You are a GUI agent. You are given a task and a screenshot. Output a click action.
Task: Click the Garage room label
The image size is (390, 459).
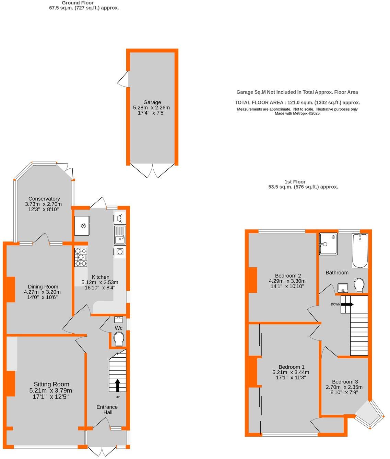tap(152, 102)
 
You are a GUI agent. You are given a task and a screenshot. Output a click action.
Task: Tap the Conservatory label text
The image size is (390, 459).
tap(44, 199)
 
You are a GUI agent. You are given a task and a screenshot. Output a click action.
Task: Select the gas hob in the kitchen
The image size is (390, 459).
tap(81, 257)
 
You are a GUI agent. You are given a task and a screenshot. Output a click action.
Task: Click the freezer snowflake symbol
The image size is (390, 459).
tap(83, 226)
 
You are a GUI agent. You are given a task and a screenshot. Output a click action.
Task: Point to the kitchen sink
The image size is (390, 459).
tap(120, 235)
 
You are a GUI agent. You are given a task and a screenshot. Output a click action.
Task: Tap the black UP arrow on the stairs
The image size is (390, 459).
tap(117, 385)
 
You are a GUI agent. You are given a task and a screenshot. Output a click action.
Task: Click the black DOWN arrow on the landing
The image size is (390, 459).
tap(347, 304)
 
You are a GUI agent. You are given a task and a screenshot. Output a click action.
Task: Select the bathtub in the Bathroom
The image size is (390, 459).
tap(359, 251)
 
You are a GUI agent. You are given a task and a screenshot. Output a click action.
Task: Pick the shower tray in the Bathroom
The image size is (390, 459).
tap(328, 244)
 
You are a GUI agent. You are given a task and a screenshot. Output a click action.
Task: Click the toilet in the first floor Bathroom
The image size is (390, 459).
tap(359, 285)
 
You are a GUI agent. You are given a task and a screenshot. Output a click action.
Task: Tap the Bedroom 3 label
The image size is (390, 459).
tap(345, 382)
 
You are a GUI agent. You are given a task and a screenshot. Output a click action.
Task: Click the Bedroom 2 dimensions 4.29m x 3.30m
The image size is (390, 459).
tap(287, 281)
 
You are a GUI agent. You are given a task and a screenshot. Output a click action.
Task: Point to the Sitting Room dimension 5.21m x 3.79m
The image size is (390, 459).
tap(51, 391)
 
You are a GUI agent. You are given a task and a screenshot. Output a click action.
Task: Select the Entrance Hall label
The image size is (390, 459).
tap(107, 410)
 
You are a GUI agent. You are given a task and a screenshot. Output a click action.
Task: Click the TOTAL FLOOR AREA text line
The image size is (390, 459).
tap(297, 102)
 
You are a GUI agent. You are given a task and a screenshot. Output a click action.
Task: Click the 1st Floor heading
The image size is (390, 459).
tap(295, 182)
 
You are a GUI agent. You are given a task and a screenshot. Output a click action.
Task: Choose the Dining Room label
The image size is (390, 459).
tap(43, 287)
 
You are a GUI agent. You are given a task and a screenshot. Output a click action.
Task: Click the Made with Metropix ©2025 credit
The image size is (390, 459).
tap(297, 113)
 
